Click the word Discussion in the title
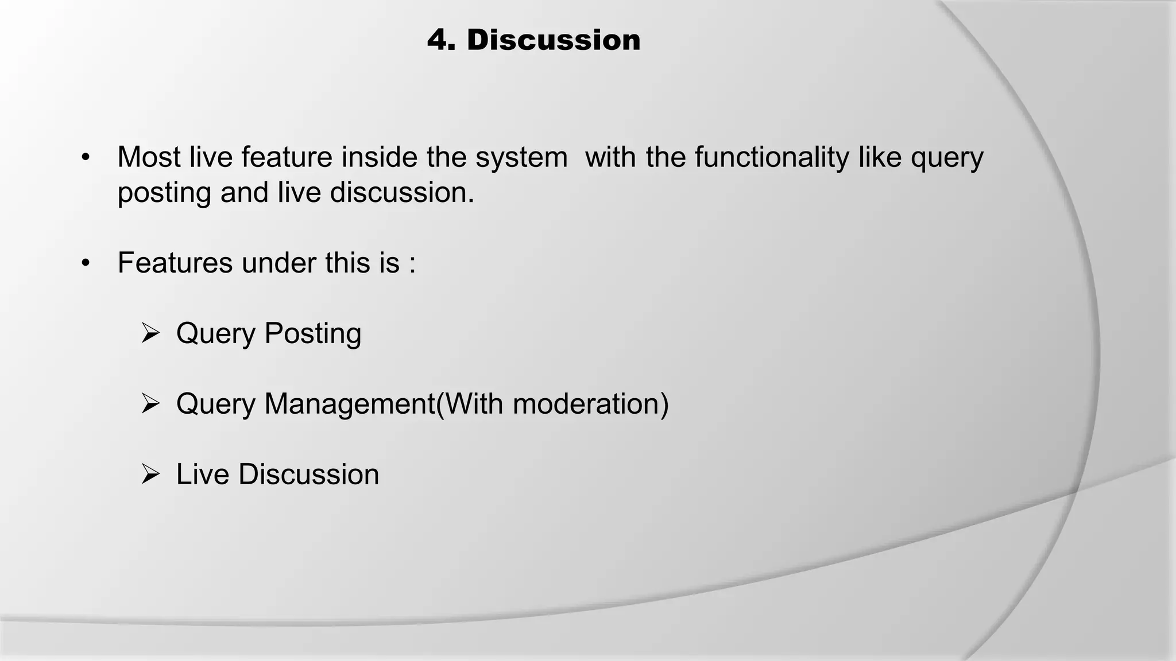[553, 40]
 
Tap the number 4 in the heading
[440, 40]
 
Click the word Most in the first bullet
[149, 157]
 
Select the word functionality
[771, 157]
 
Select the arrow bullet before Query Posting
[150, 333]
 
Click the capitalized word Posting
[312, 334]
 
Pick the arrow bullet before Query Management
[150, 404]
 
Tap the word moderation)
[590, 404]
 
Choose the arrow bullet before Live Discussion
[150, 475]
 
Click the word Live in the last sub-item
[203, 475]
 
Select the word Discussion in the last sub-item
[308, 475]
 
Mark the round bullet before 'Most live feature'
[86, 158]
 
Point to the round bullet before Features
[86, 263]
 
